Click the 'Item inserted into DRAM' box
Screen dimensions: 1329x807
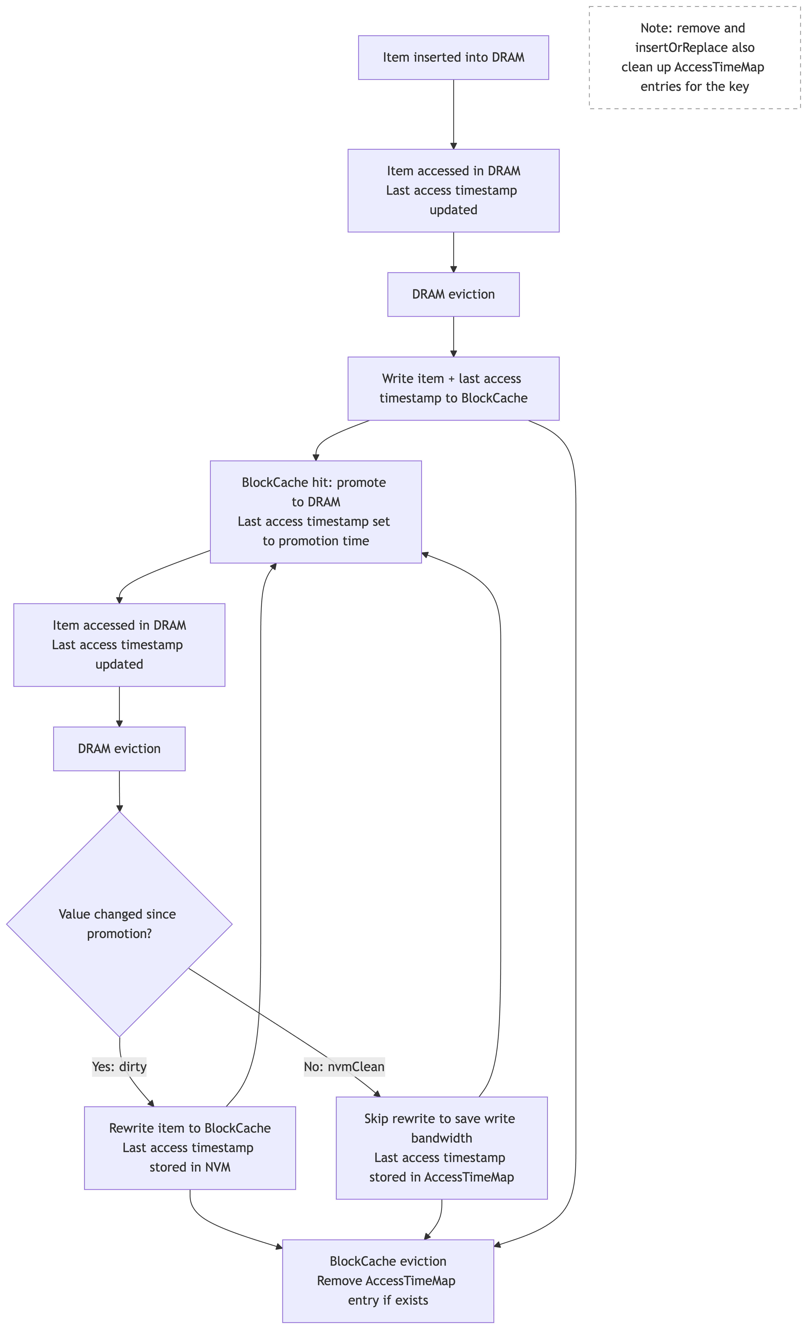(x=453, y=58)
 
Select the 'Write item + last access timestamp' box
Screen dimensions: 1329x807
(x=453, y=388)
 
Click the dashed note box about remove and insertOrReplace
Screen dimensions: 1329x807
(x=695, y=58)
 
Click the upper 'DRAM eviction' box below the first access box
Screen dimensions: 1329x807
(x=453, y=295)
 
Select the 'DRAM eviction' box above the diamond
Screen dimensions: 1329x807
(x=119, y=749)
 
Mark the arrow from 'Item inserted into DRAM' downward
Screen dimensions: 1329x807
(x=453, y=113)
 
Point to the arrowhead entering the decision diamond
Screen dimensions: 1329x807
(x=119, y=807)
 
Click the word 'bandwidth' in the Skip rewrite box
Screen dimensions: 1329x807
(x=441, y=1138)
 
